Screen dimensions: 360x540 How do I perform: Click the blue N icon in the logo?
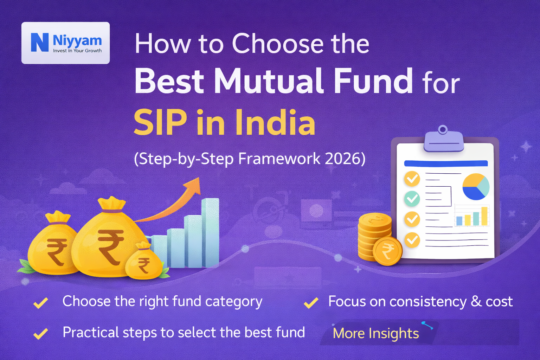[40, 43]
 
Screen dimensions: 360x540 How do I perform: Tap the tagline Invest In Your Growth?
[77, 51]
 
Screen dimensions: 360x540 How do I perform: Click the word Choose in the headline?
[277, 44]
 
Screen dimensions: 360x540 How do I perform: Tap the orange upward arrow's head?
[194, 186]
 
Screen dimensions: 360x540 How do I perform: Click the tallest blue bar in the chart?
[210, 232]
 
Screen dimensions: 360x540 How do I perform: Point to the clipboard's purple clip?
[443, 140]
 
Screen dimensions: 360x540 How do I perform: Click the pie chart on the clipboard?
[476, 187]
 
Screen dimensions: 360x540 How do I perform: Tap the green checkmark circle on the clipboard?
[412, 199]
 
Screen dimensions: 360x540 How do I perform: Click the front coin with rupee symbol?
[387, 251]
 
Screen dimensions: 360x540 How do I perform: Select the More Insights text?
[375, 333]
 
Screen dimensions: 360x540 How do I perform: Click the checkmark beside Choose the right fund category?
[41, 303]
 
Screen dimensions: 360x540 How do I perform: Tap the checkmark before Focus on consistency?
[311, 303]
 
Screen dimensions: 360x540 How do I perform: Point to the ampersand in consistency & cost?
[476, 302]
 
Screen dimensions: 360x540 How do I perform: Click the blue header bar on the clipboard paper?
[446, 163]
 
